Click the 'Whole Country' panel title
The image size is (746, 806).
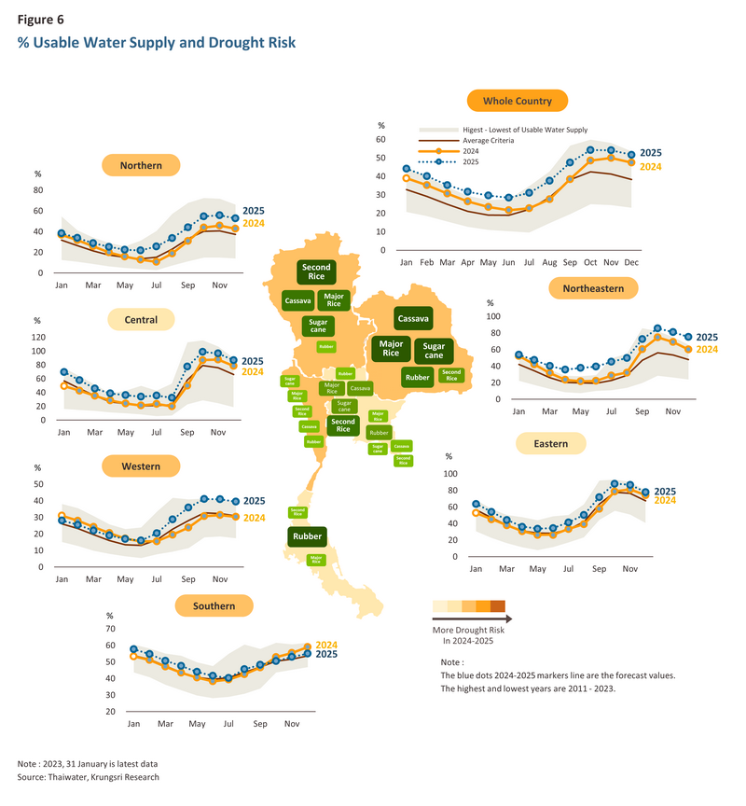point(517,101)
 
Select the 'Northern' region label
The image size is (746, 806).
point(141,166)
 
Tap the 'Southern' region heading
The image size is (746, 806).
point(214,606)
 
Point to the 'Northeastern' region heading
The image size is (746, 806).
point(593,288)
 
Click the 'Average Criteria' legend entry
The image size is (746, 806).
point(490,140)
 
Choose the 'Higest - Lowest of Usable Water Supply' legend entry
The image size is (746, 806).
point(525,129)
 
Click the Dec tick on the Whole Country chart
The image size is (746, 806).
point(631,264)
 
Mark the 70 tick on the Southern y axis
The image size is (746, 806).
point(110,630)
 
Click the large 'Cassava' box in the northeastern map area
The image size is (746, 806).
point(412,319)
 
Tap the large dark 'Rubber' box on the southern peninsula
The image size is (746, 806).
point(307,536)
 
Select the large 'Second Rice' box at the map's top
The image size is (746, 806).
point(315,272)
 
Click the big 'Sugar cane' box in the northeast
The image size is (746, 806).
point(434,351)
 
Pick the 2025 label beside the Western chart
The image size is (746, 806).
point(255,502)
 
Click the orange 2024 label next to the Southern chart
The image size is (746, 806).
point(326,645)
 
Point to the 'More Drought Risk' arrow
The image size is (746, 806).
point(472,618)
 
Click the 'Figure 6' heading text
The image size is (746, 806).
point(41,18)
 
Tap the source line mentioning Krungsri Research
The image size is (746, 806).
point(89,777)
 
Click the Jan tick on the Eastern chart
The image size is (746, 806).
point(475,568)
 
